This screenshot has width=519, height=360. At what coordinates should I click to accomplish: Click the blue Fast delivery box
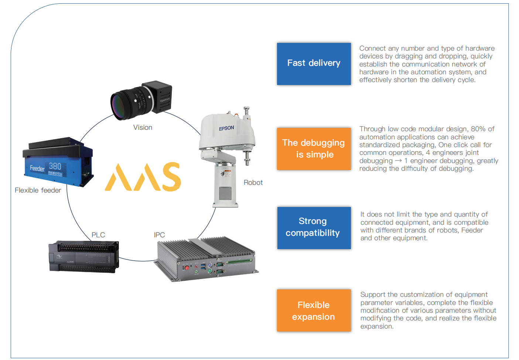click(x=314, y=64)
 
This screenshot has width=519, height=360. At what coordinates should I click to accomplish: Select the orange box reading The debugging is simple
click(x=314, y=149)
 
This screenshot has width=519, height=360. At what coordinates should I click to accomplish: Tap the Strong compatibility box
click(x=314, y=227)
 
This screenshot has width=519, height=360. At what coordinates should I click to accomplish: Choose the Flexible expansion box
click(x=314, y=310)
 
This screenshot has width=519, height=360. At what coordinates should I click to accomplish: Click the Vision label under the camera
click(x=143, y=128)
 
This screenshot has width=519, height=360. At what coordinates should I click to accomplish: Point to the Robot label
click(x=253, y=183)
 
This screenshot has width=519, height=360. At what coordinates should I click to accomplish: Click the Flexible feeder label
click(x=38, y=190)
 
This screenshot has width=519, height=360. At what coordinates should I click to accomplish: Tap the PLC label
click(x=98, y=235)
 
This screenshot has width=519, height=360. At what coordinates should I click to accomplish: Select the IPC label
click(x=159, y=235)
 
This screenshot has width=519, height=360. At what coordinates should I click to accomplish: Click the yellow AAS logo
click(x=143, y=177)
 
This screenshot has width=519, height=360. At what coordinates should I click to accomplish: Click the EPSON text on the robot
click(x=226, y=128)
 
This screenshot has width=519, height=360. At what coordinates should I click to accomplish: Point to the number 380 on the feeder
click(x=55, y=166)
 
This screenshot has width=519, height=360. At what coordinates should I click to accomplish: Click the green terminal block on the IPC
click(x=239, y=261)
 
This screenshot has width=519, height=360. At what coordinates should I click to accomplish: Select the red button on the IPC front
click(x=187, y=267)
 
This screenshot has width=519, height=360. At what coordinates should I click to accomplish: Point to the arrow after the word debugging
click(x=398, y=161)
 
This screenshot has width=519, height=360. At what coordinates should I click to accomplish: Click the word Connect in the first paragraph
click(x=372, y=48)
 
